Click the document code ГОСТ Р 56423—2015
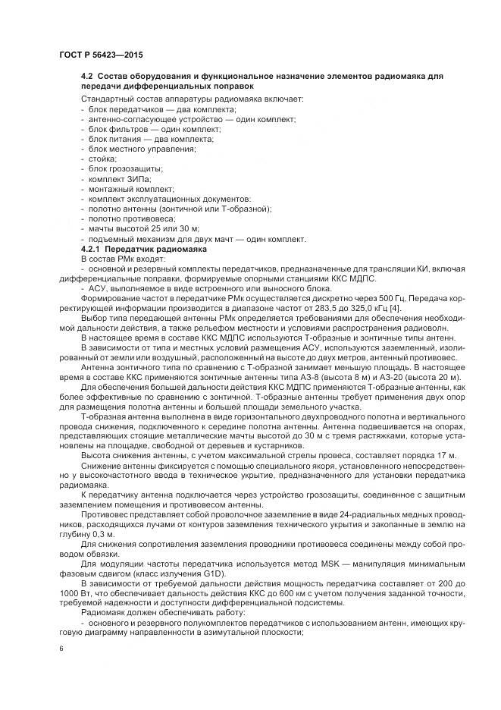[x=100, y=55]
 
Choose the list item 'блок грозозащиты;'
[x=114, y=169]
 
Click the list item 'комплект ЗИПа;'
[x=111, y=179]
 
